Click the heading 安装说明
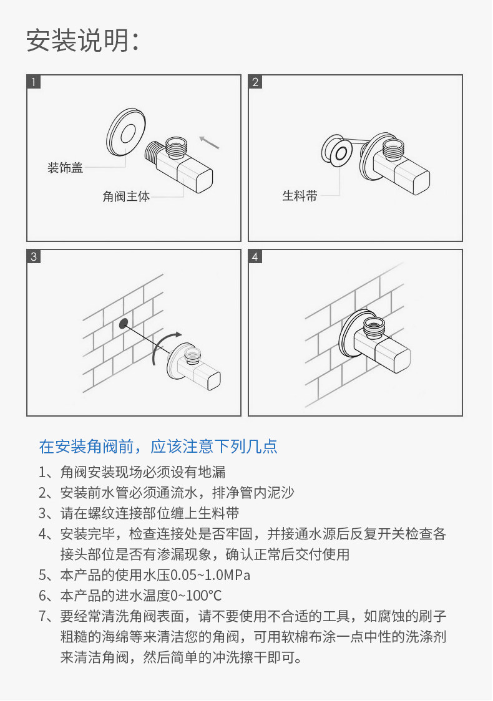81,41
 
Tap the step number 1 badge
34,82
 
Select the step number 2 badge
256,82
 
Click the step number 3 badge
34,256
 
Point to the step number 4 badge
256,256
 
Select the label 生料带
300,196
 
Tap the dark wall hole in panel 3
123,323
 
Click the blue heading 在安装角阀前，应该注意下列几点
158,447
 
